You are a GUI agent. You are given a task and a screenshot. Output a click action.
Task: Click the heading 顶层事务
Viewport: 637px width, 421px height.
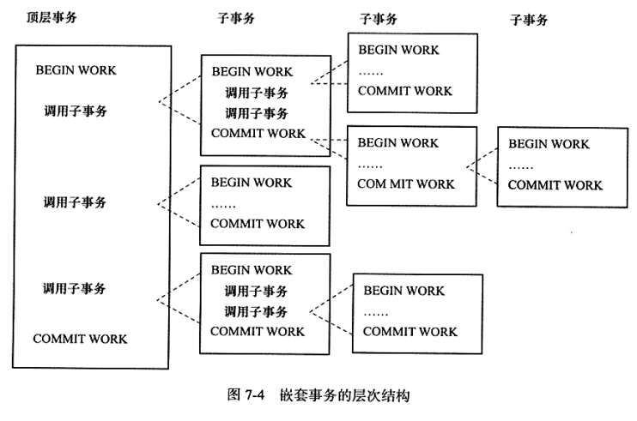(x=45, y=17)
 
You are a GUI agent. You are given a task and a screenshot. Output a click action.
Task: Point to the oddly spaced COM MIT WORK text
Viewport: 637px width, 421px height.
(x=406, y=183)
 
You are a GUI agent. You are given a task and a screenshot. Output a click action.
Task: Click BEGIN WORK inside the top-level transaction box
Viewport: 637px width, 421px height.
(x=76, y=69)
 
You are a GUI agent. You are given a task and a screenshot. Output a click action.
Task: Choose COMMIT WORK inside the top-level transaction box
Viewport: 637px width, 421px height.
(x=80, y=339)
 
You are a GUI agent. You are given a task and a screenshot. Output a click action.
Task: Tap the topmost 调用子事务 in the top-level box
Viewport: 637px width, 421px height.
(x=75, y=110)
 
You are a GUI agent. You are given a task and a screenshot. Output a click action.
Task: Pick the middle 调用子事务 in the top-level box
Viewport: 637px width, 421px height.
(x=75, y=202)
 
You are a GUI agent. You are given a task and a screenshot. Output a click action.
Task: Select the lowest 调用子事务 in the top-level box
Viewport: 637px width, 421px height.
(x=75, y=288)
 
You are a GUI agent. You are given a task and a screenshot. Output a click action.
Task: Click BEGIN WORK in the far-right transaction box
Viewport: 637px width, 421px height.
(x=549, y=144)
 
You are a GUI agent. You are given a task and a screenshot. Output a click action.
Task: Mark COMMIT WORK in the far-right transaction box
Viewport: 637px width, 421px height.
(x=555, y=184)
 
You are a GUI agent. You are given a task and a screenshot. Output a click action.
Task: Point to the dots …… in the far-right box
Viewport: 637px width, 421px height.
(x=521, y=165)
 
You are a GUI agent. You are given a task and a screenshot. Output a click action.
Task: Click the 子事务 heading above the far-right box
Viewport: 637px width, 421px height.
(x=528, y=20)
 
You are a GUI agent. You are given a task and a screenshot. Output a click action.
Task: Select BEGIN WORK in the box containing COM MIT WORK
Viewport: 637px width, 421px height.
(x=397, y=142)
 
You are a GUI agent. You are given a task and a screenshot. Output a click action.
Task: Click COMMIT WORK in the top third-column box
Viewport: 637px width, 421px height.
(x=405, y=92)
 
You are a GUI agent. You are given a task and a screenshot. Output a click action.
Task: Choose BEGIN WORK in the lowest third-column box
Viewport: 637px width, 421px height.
(x=403, y=291)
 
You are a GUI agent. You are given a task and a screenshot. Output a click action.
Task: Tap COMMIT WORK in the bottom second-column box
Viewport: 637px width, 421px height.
(x=258, y=331)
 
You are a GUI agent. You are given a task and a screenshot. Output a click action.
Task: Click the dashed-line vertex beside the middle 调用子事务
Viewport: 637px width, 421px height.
(x=160, y=203)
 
